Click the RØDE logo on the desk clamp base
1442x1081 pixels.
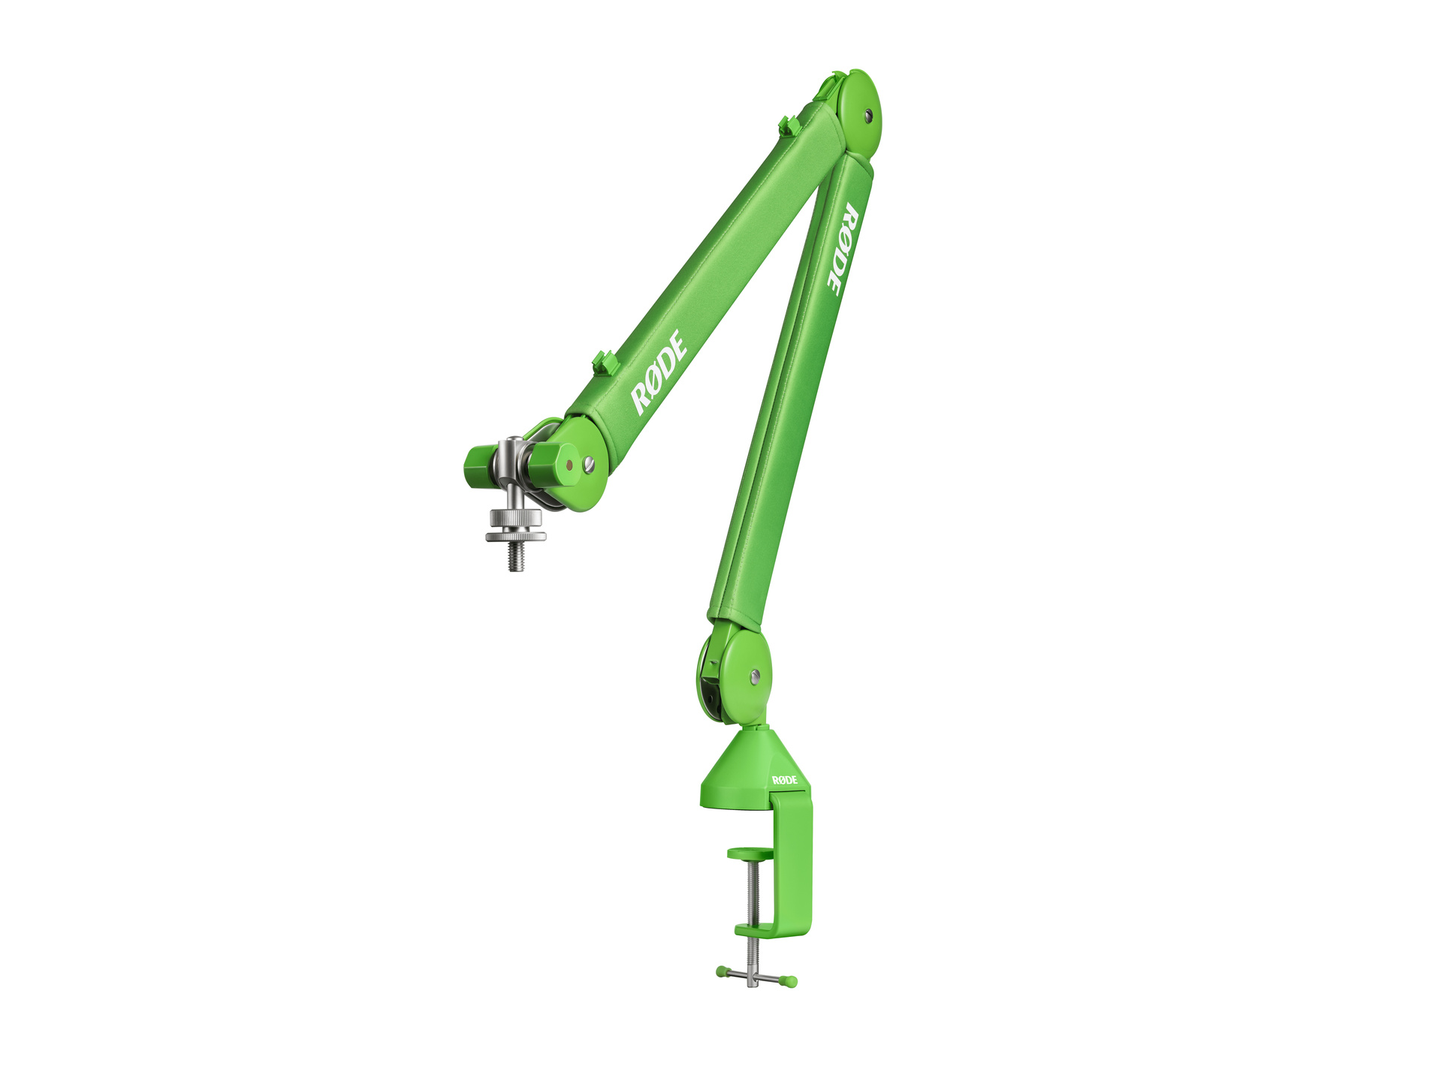coord(785,780)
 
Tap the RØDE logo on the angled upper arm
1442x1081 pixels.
coord(659,372)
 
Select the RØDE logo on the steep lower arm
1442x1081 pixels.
coord(843,249)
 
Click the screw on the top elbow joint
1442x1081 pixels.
coord(868,115)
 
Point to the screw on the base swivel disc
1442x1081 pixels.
coord(755,676)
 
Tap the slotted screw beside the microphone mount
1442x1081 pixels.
coord(589,464)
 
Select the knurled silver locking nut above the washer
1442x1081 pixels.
coord(515,517)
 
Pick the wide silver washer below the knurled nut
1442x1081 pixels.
coord(515,537)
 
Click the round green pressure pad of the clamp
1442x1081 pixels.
coord(750,853)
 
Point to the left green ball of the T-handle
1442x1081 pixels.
coord(721,972)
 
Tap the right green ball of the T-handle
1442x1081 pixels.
coord(791,981)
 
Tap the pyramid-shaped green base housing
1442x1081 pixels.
coord(740,773)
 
